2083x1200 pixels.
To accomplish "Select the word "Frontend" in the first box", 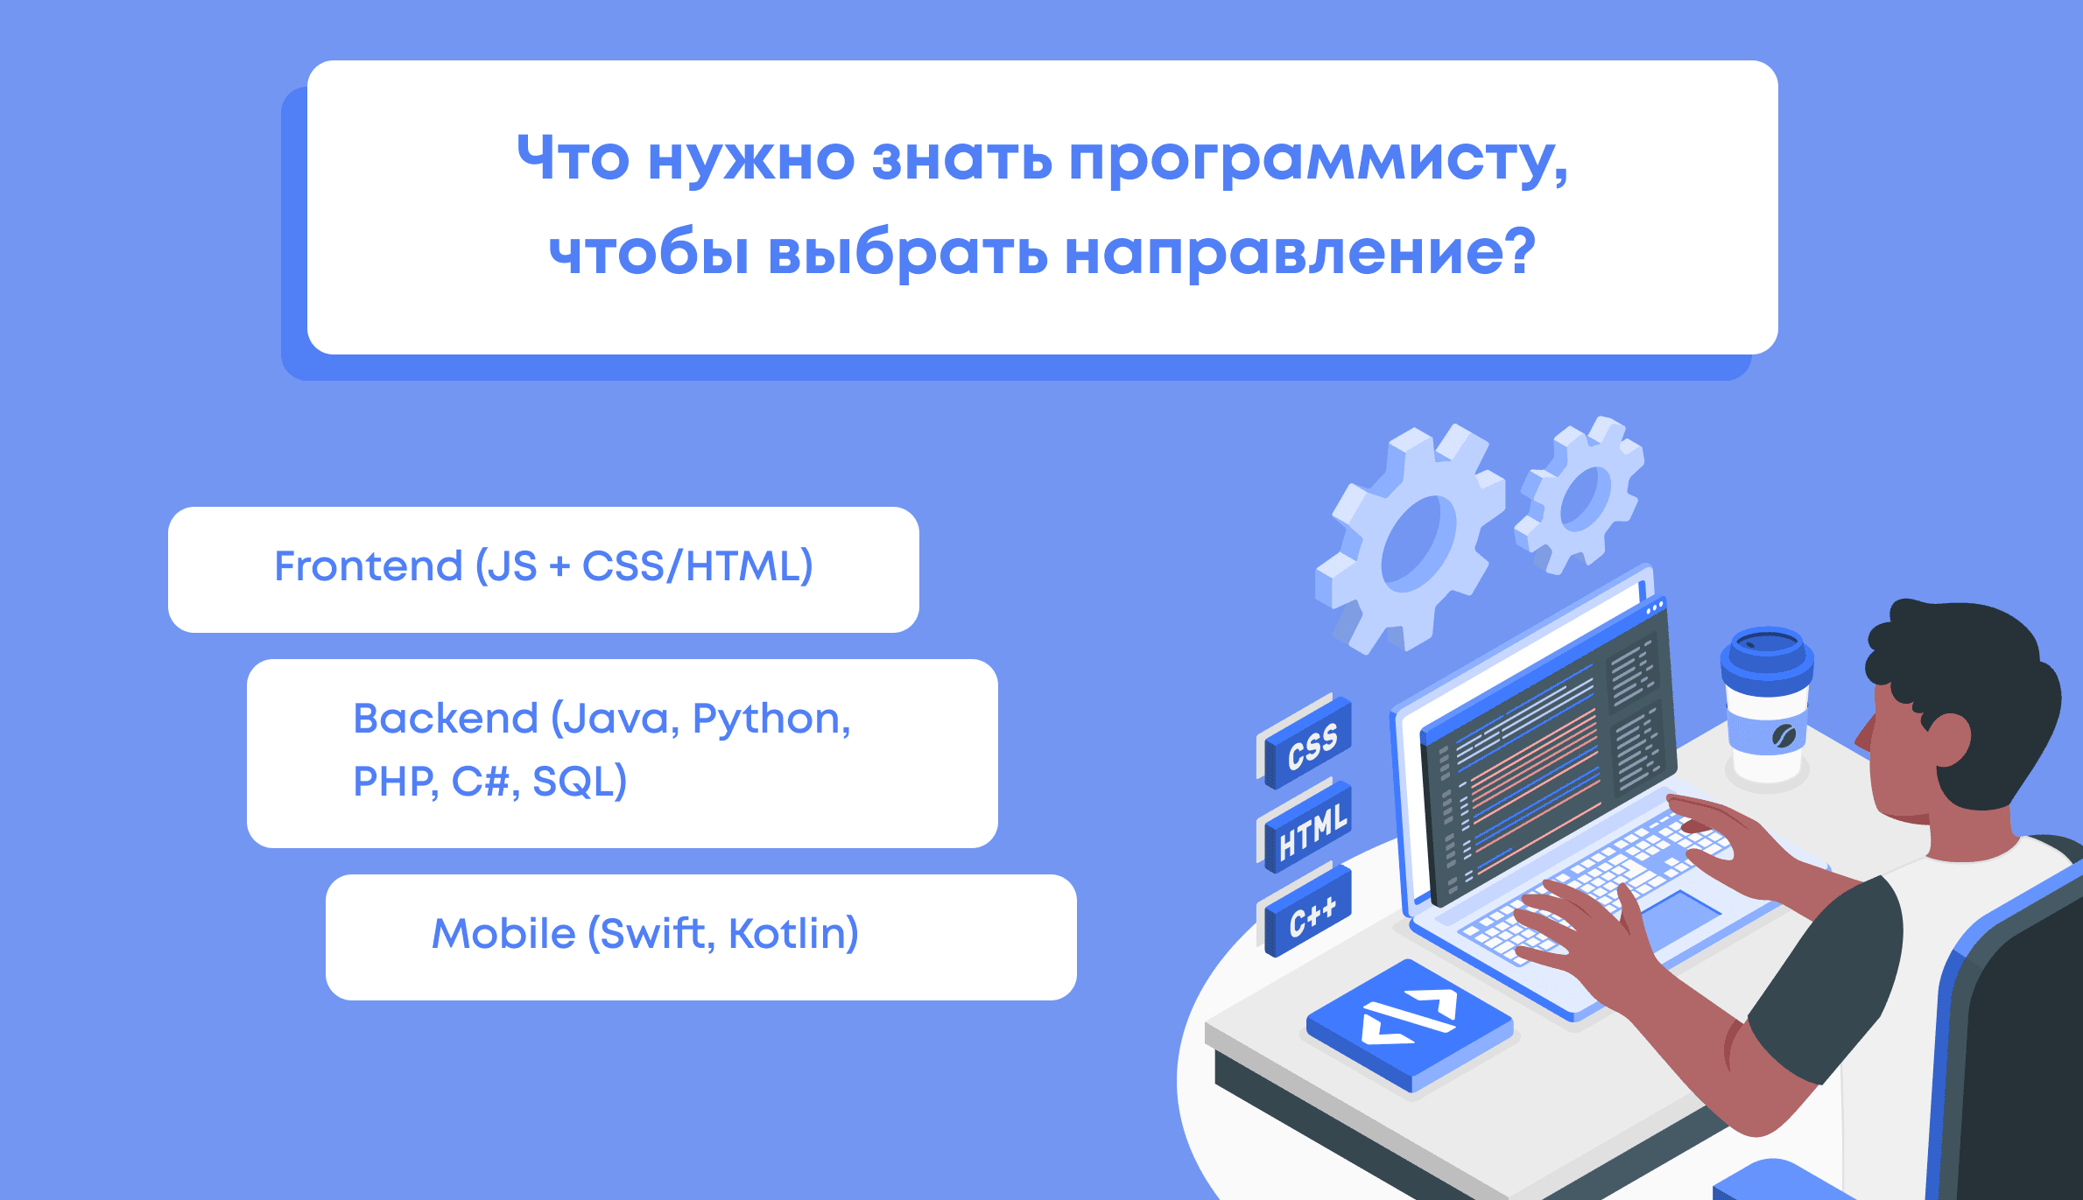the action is (369, 566).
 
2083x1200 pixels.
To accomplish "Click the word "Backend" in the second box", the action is (446, 719).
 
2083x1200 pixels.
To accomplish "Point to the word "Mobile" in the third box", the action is (503, 934).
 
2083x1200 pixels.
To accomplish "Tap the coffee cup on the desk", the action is (1767, 705).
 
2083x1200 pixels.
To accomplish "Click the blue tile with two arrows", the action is (1410, 1024).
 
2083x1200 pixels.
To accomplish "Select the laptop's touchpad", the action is (1681, 916).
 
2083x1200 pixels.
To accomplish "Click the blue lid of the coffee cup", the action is (1767, 656).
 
